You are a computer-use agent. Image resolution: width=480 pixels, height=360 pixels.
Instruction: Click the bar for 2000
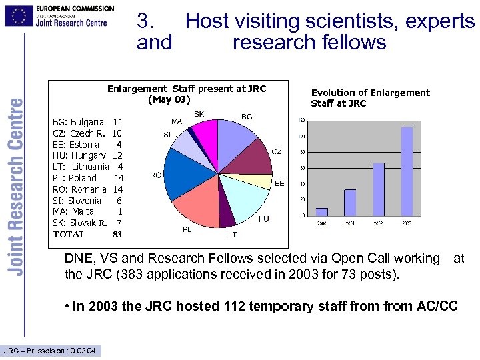[x=322, y=212]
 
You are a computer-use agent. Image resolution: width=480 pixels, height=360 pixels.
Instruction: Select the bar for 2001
[x=350, y=203]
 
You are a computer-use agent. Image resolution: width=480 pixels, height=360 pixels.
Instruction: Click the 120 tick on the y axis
[x=301, y=121]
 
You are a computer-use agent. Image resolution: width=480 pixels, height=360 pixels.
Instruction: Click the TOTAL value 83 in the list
[x=117, y=234]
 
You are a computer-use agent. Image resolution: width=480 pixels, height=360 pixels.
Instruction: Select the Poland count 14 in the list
[x=119, y=178]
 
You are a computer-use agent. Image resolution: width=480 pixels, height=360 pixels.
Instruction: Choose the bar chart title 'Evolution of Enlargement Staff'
[x=370, y=98]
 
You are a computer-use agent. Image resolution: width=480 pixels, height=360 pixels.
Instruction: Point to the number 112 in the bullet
[x=247, y=306]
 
